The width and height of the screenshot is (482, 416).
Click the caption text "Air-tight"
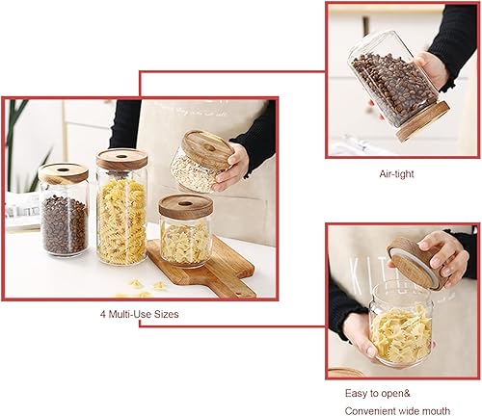click(397, 174)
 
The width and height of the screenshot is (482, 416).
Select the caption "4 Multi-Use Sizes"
click(139, 314)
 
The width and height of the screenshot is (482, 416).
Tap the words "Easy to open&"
click(378, 394)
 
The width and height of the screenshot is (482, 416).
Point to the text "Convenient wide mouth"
click(399, 408)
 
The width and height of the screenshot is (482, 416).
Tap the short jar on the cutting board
click(185, 236)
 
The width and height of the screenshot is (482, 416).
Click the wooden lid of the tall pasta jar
click(121, 159)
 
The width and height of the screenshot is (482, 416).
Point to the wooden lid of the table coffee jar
click(64, 173)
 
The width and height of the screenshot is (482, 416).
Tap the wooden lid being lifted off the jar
click(415, 261)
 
